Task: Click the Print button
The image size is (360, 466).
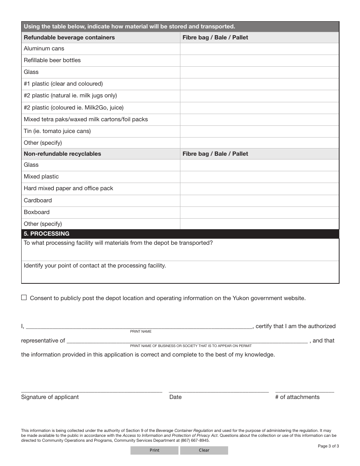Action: tap(154, 450)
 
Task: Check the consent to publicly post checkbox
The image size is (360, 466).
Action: tap(24, 298)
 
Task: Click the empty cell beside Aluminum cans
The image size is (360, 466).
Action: tap(259, 49)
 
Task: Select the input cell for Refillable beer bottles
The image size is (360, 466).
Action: tap(259, 61)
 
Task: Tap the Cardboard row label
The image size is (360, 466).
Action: tap(38, 200)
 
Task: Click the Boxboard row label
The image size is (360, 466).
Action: tap(37, 212)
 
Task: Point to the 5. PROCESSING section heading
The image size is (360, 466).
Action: tap(47, 234)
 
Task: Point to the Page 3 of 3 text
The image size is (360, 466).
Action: tap(328, 446)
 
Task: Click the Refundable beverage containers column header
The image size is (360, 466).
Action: tap(69, 38)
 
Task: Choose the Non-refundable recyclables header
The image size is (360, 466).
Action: tap(63, 154)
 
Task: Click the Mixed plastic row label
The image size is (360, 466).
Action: tap(41, 177)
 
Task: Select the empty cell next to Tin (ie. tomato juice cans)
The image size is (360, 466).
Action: tap(259, 131)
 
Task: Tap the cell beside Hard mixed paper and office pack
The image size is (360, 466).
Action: tap(259, 189)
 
